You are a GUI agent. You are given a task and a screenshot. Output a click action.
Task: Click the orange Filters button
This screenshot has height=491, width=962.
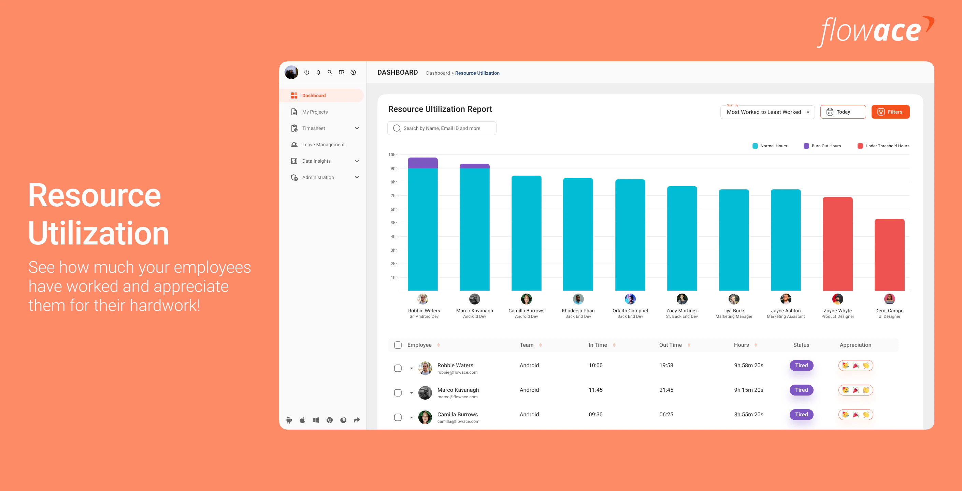coord(890,112)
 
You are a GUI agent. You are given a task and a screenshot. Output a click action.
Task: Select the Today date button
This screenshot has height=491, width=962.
coord(843,112)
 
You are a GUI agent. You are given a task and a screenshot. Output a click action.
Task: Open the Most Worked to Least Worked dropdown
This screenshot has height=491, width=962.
coord(767,112)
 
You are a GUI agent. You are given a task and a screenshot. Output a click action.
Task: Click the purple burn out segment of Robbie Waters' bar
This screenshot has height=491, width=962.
coord(422,163)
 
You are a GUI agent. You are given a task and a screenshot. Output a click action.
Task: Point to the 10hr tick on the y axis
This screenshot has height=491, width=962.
coord(392,155)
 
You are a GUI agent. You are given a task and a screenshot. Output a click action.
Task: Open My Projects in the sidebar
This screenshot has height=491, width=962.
coord(314,112)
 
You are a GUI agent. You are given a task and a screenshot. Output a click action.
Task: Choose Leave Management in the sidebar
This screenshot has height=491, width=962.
coord(323,145)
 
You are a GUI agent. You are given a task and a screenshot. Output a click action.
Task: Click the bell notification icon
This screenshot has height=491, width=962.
coord(318,72)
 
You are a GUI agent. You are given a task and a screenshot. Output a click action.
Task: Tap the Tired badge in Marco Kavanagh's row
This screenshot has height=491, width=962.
coord(801,390)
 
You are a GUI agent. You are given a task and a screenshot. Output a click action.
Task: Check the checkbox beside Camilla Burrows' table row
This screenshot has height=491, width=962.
coord(398,417)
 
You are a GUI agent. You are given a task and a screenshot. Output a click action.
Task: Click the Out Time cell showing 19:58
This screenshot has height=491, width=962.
coord(666,365)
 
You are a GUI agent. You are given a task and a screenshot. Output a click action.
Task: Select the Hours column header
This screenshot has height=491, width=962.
coord(741,345)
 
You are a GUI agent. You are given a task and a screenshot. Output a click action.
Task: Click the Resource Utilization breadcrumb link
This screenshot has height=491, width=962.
coord(477,73)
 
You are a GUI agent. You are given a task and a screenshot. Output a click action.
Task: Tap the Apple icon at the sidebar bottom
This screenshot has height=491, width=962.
coord(302,420)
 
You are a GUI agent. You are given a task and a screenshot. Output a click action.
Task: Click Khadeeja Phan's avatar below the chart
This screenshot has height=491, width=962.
coord(578,299)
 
